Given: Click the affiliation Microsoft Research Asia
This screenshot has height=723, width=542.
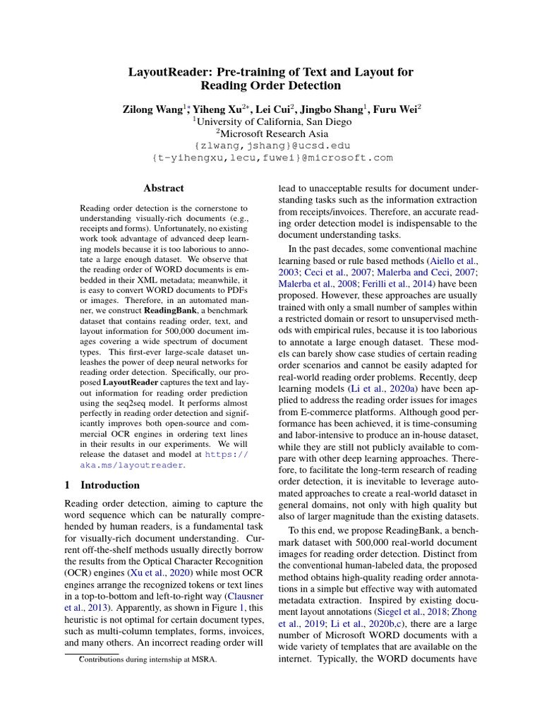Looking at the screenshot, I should click(272, 133).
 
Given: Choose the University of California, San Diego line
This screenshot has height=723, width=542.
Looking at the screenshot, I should click(272, 121).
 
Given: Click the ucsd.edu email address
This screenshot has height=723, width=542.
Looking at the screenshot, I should click(272, 145).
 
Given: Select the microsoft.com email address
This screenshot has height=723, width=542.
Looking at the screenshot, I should click(272, 158).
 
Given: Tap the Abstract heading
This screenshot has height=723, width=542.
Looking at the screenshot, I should click(163, 189).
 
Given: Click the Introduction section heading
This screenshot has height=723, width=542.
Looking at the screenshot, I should click(110, 485).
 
